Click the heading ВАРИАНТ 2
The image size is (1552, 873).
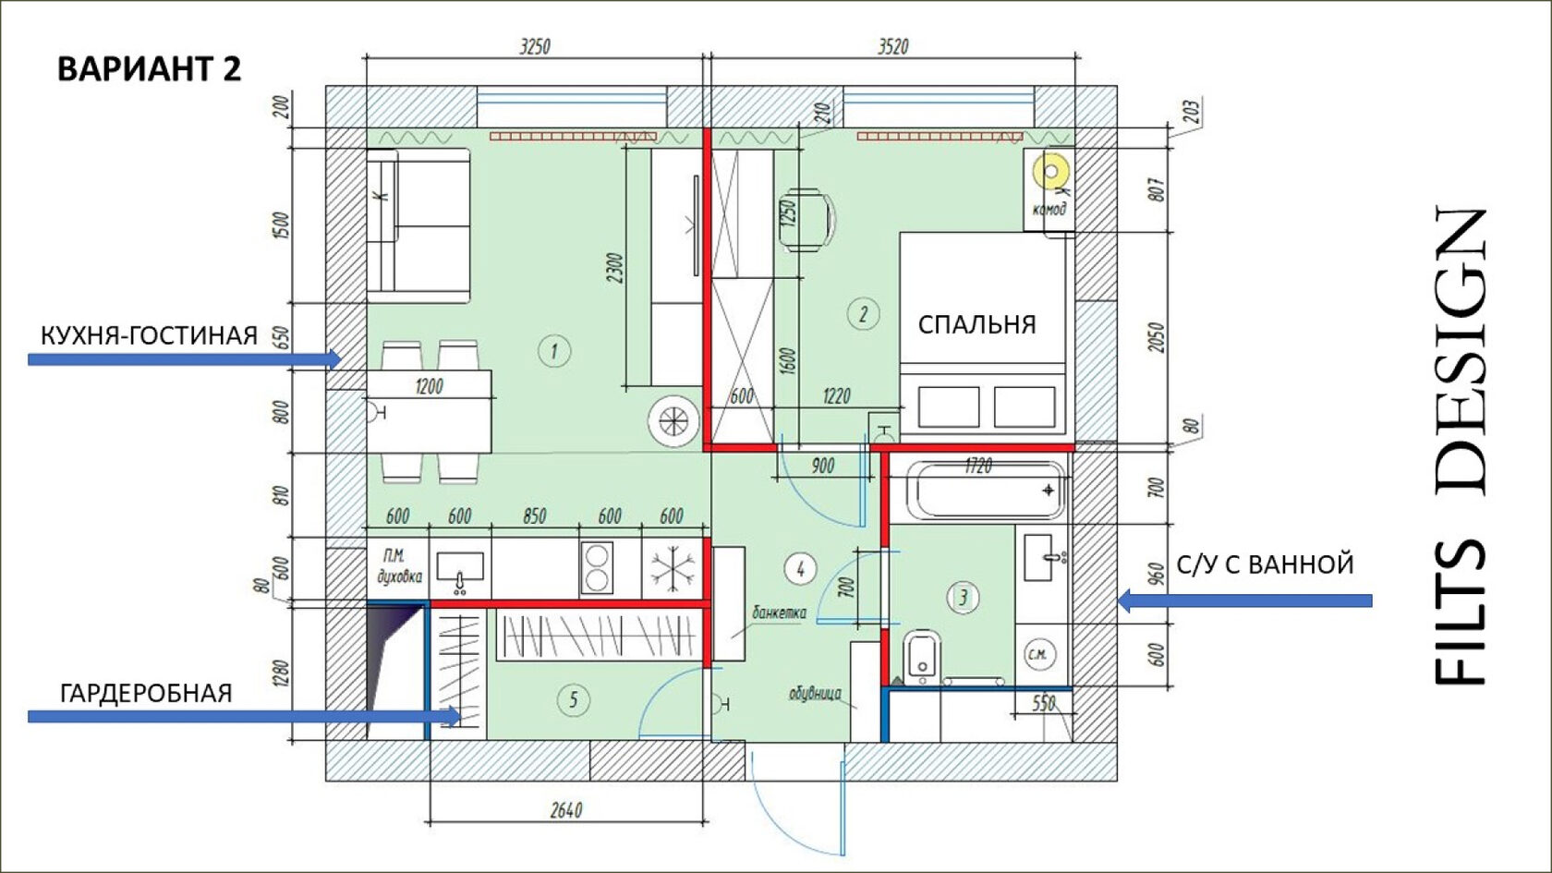click(x=149, y=69)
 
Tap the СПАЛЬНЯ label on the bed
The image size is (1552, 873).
click(x=977, y=324)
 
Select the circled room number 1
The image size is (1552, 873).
click(x=554, y=351)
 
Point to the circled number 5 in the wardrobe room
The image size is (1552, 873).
click(x=574, y=700)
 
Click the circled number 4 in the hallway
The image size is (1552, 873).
click(x=800, y=569)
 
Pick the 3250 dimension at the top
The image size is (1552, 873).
click(x=535, y=46)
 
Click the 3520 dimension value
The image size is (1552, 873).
click(x=893, y=46)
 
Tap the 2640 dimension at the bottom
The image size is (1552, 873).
click(x=566, y=810)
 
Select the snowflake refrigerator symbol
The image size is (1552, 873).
click(x=673, y=569)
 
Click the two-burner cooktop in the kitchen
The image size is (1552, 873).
click(x=597, y=567)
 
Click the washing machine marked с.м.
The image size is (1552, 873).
click(x=1040, y=654)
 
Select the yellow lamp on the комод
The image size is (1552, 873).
click(x=1051, y=171)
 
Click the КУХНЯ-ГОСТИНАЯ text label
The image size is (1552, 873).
click(x=149, y=336)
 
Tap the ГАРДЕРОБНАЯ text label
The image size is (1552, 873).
click(x=146, y=694)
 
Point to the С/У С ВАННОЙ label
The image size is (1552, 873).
click(x=1266, y=564)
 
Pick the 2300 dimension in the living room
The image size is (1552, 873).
click(x=614, y=268)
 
